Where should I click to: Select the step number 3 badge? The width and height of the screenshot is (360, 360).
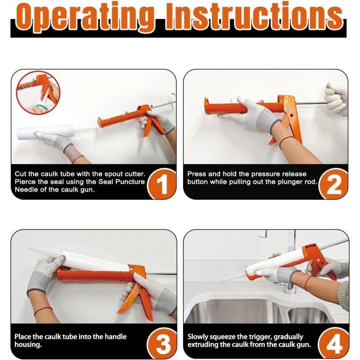click(x=162, y=344)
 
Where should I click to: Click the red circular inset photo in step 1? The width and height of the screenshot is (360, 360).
click(x=38, y=93)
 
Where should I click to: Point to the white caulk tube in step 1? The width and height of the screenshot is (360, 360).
click(x=45, y=131)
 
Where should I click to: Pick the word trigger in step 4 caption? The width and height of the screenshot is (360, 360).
click(x=261, y=337)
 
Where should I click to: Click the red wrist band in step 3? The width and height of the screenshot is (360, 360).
click(x=43, y=310)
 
